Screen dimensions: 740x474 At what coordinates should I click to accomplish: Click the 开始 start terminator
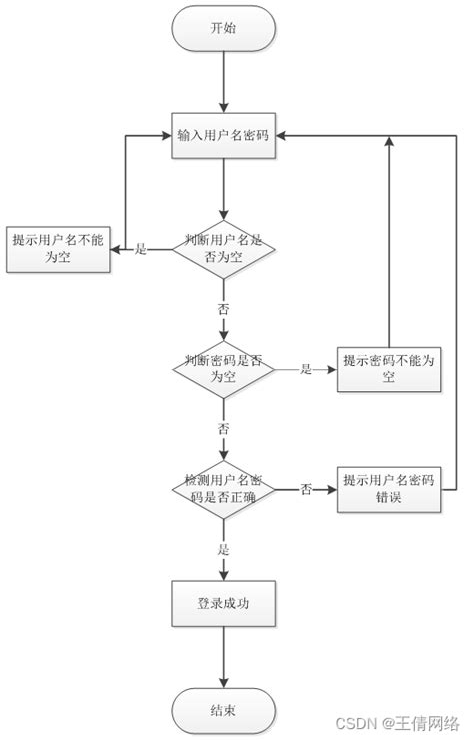point(223,29)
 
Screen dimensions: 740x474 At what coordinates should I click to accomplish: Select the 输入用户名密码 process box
point(223,136)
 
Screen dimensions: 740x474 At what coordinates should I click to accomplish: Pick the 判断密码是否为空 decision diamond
point(223,369)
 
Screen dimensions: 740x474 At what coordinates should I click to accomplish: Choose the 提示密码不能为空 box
point(389,369)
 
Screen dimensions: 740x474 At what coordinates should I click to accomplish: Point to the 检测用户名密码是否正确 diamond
point(223,489)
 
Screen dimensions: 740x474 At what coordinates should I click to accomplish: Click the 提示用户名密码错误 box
point(389,489)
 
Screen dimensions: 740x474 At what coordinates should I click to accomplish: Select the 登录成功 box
point(223,604)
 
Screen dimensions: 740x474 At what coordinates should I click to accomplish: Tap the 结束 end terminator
point(223,710)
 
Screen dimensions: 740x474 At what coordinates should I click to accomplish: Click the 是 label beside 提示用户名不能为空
point(140,249)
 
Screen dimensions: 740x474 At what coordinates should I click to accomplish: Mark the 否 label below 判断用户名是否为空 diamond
point(223,308)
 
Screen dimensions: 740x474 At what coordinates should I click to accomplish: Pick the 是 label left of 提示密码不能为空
point(306,370)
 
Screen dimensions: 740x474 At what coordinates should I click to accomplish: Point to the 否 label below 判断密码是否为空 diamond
point(223,428)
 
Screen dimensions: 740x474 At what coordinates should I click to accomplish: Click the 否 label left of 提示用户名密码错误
point(306,490)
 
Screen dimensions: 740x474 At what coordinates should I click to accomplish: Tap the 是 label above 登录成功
point(223,549)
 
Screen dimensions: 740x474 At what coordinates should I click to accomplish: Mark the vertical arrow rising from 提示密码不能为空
point(389,240)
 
